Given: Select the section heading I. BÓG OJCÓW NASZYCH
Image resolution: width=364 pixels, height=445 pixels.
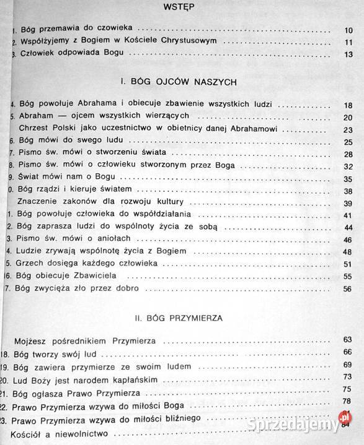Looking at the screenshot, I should click(181, 82).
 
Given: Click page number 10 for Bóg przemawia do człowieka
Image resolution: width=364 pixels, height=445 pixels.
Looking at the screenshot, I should click(348, 30).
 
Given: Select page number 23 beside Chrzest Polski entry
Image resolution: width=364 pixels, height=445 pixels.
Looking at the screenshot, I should click(348, 130).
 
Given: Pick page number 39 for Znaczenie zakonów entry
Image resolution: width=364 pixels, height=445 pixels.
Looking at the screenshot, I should click(348, 204).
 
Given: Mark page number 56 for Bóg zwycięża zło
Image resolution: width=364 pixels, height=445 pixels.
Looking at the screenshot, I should click(348, 288).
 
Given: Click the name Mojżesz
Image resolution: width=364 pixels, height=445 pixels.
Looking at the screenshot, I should click(37, 340).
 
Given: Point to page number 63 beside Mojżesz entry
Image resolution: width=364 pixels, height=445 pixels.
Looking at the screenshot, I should click(347, 340).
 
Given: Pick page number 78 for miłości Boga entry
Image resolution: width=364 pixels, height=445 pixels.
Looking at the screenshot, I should click(347, 402).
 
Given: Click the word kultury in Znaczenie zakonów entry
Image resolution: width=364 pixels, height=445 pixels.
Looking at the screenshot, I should click(177, 202).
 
